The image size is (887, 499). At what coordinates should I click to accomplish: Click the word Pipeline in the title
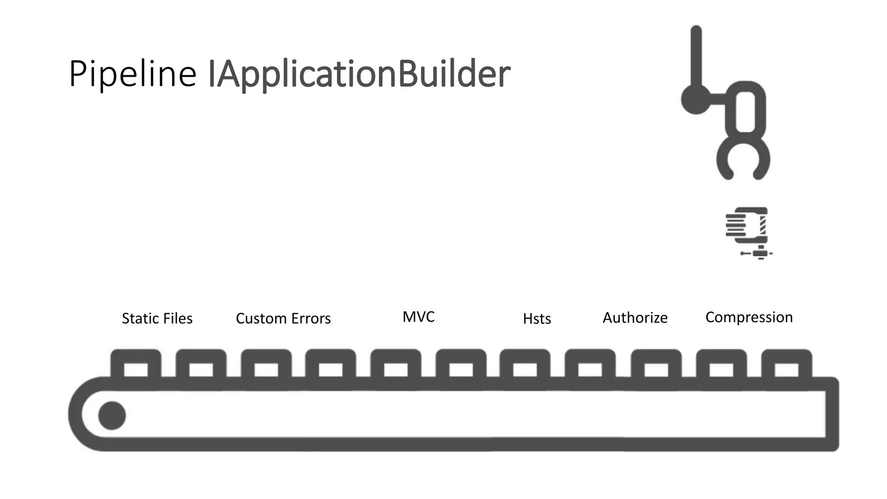[x=133, y=74]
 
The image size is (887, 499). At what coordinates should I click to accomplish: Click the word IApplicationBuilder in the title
[x=359, y=74]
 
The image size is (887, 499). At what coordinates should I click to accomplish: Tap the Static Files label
[x=157, y=318]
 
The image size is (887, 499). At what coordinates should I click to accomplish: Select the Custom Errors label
[x=283, y=318]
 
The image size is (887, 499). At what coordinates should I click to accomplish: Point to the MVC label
[x=418, y=317]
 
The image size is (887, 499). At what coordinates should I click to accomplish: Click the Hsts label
[x=537, y=319]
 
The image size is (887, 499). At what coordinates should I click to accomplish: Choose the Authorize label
[x=635, y=318]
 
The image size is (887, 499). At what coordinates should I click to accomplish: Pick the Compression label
[x=749, y=317]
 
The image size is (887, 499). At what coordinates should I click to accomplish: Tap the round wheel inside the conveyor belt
[x=112, y=415]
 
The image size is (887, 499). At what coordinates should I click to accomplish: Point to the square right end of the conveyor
[x=832, y=414]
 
